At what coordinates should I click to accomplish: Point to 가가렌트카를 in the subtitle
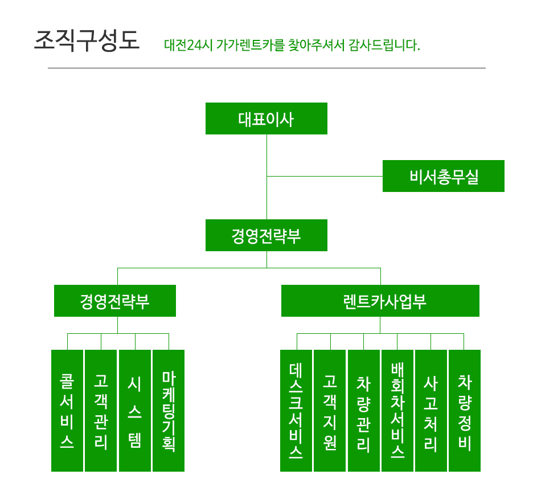(250, 45)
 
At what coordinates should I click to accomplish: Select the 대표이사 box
(266, 118)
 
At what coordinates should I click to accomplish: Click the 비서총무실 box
(444, 176)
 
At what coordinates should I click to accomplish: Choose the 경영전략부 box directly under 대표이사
(266, 235)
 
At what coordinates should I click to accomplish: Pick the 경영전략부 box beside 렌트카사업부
(115, 301)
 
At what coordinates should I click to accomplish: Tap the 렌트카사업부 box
(380, 301)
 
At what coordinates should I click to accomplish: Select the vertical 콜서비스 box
(67, 411)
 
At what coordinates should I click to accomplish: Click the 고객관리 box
(101, 411)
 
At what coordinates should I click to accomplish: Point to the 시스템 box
(135, 411)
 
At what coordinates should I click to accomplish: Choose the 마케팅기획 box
(169, 411)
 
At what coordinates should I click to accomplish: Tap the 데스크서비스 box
(296, 411)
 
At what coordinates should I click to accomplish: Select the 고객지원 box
(330, 411)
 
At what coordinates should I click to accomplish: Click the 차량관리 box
(364, 411)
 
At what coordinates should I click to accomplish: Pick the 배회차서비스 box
(397, 411)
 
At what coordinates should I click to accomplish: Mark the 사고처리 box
(431, 411)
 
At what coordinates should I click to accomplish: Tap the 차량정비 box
(465, 411)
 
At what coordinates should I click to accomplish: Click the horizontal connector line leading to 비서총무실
(325, 176)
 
